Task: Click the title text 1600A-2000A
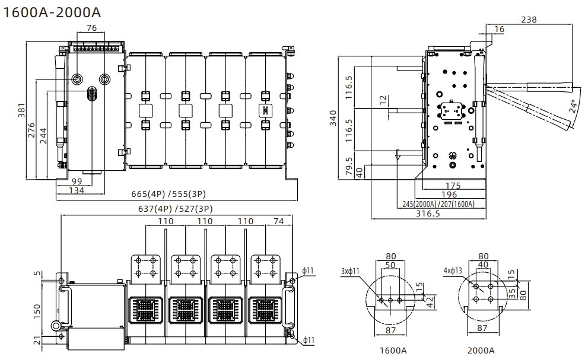(x=52, y=12)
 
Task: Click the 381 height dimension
(x=22, y=111)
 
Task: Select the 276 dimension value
(x=32, y=130)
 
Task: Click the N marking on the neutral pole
(x=265, y=111)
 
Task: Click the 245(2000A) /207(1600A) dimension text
(x=438, y=204)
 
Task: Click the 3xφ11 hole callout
(x=349, y=272)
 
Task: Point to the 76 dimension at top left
(x=91, y=28)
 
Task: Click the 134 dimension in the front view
(x=77, y=190)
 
